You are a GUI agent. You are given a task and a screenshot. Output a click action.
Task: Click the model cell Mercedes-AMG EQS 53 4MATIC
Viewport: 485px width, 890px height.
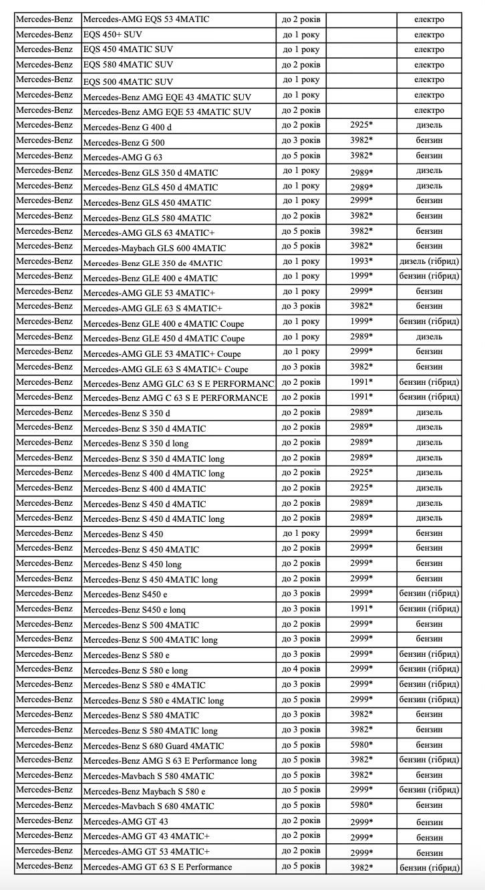pyautogui.click(x=146, y=19)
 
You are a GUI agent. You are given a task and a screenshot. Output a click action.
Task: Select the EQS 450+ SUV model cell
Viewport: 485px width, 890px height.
pyautogui.click(x=113, y=34)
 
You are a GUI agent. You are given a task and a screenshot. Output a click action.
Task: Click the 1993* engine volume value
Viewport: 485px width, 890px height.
pyautogui.click(x=361, y=261)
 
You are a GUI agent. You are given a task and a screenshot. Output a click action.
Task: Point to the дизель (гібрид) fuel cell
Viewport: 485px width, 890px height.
pyautogui.click(x=429, y=261)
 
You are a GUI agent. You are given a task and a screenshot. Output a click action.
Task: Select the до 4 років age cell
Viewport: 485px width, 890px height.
pyautogui.click(x=301, y=669)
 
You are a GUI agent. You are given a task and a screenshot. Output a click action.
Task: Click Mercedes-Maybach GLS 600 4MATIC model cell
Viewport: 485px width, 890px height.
pyautogui.click(x=154, y=248)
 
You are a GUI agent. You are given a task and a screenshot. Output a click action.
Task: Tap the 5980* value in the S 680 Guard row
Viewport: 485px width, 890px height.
pyautogui.click(x=361, y=745)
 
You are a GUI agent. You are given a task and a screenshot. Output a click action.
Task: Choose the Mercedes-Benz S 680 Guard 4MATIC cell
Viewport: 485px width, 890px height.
pyautogui.click(x=154, y=746)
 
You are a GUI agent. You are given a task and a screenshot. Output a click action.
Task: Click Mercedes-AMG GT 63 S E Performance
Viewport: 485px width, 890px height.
pyautogui.click(x=158, y=867)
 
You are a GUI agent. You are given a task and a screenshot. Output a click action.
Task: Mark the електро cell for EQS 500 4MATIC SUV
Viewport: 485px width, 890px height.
pyautogui.click(x=429, y=80)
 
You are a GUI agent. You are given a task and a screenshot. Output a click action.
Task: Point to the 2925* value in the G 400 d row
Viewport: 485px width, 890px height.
pyautogui.click(x=361, y=125)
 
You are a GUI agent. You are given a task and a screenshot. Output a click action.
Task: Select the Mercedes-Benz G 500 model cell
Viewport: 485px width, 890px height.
pyautogui.click(x=124, y=142)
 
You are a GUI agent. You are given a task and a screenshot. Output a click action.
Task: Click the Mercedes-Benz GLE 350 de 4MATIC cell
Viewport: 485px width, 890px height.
pyautogui.click(x=153, y=263)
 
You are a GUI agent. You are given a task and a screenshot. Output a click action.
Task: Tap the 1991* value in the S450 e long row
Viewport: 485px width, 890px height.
pyautogui.click(x=361, y=608)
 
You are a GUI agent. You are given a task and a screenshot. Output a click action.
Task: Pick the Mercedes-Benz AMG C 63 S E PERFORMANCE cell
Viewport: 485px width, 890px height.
pyautogui.click(x=176, y=398)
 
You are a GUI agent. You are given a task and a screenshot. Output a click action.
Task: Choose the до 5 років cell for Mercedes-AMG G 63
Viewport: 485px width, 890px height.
pyautogui.click(x=301, y=156)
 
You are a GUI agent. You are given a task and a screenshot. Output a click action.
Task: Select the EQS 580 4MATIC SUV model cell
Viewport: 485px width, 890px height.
pyautogui.click(x=128, y=65)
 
